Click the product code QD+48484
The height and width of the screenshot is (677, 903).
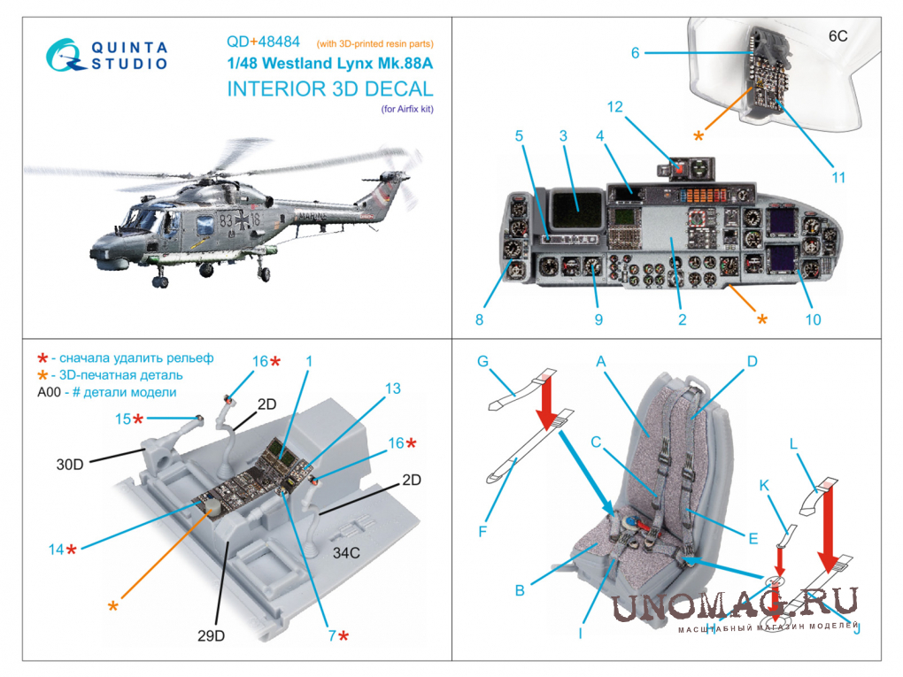click(x=263, y=42)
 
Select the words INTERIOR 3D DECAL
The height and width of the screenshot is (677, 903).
click(x=330, y=89)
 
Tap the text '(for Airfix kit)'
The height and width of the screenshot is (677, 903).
click(x=407, y=109)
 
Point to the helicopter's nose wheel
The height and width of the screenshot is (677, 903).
click(x=159, y=281)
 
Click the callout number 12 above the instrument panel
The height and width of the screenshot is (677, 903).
click(x=615, y=106)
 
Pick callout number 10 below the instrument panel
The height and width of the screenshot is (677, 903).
click(x=813, y=319)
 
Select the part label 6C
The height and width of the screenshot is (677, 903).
click(x=837, y=36)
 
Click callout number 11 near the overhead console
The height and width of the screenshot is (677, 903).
click(x=838, y=177)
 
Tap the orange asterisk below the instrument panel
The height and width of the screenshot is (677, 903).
click(x=762, y=319)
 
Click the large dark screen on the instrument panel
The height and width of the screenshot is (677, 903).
click(x=576, y=209)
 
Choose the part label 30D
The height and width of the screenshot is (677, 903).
click(x=70, y=465)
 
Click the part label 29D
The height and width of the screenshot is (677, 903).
click(x=211, y=635)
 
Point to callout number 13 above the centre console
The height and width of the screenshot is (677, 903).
click(x=393, y=389)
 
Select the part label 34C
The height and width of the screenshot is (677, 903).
click(x=346, y=553)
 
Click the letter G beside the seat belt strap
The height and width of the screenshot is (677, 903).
click(x=482, y=362)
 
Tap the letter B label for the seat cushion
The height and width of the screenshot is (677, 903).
click(x=520, y=590)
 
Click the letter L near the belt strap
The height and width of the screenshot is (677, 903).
click(x=793, y=444)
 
